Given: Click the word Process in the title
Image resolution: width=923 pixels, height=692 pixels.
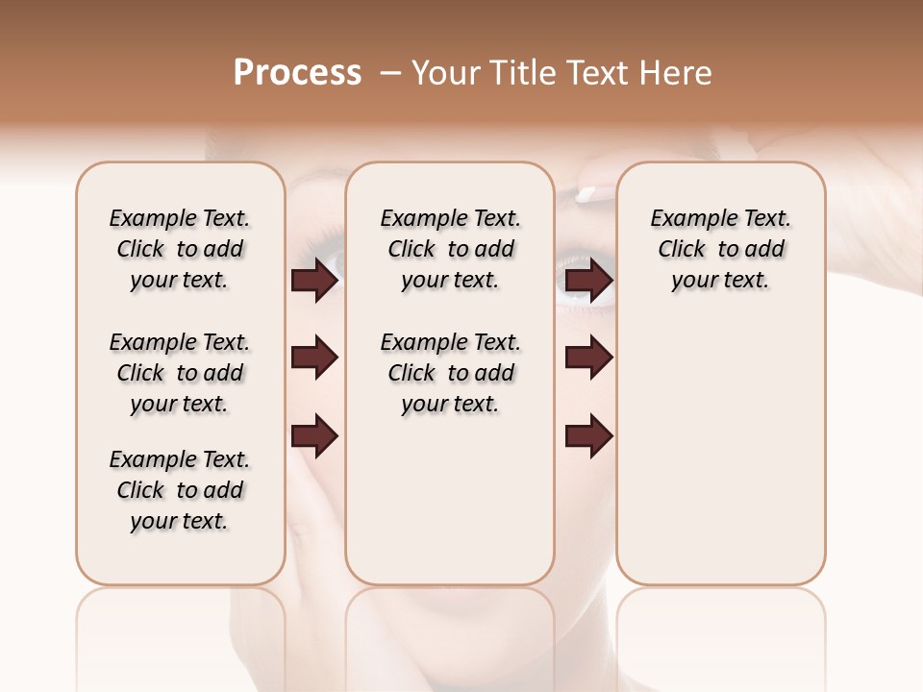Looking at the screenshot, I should (x=297, y=73).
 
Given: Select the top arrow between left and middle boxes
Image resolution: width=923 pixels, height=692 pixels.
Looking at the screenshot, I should (x=314, y=281).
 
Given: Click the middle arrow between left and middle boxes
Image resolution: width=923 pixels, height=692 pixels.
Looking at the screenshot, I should (x=314, y=358).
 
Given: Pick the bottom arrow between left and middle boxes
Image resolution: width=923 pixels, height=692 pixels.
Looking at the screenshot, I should (x=314, y=437).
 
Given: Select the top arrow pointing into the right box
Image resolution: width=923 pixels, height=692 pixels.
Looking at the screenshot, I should (x=588, y=281).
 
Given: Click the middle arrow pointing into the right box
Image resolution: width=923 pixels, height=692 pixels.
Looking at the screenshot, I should (x=588, y=358).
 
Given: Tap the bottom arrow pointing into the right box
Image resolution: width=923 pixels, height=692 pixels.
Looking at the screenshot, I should (x=588, y=437).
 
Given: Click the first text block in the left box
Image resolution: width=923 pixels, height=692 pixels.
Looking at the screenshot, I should (x=180, y=249).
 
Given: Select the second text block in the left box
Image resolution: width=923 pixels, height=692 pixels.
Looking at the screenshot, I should (x=180, y=373).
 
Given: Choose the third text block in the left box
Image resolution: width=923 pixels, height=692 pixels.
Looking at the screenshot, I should (x=180, y=490).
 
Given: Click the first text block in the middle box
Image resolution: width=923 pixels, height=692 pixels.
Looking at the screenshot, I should (x=451, y=249).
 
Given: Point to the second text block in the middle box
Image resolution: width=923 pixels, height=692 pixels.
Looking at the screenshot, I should (x=451, y=373).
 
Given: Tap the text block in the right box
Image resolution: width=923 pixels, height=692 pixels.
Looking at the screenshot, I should (x=721, y=249).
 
